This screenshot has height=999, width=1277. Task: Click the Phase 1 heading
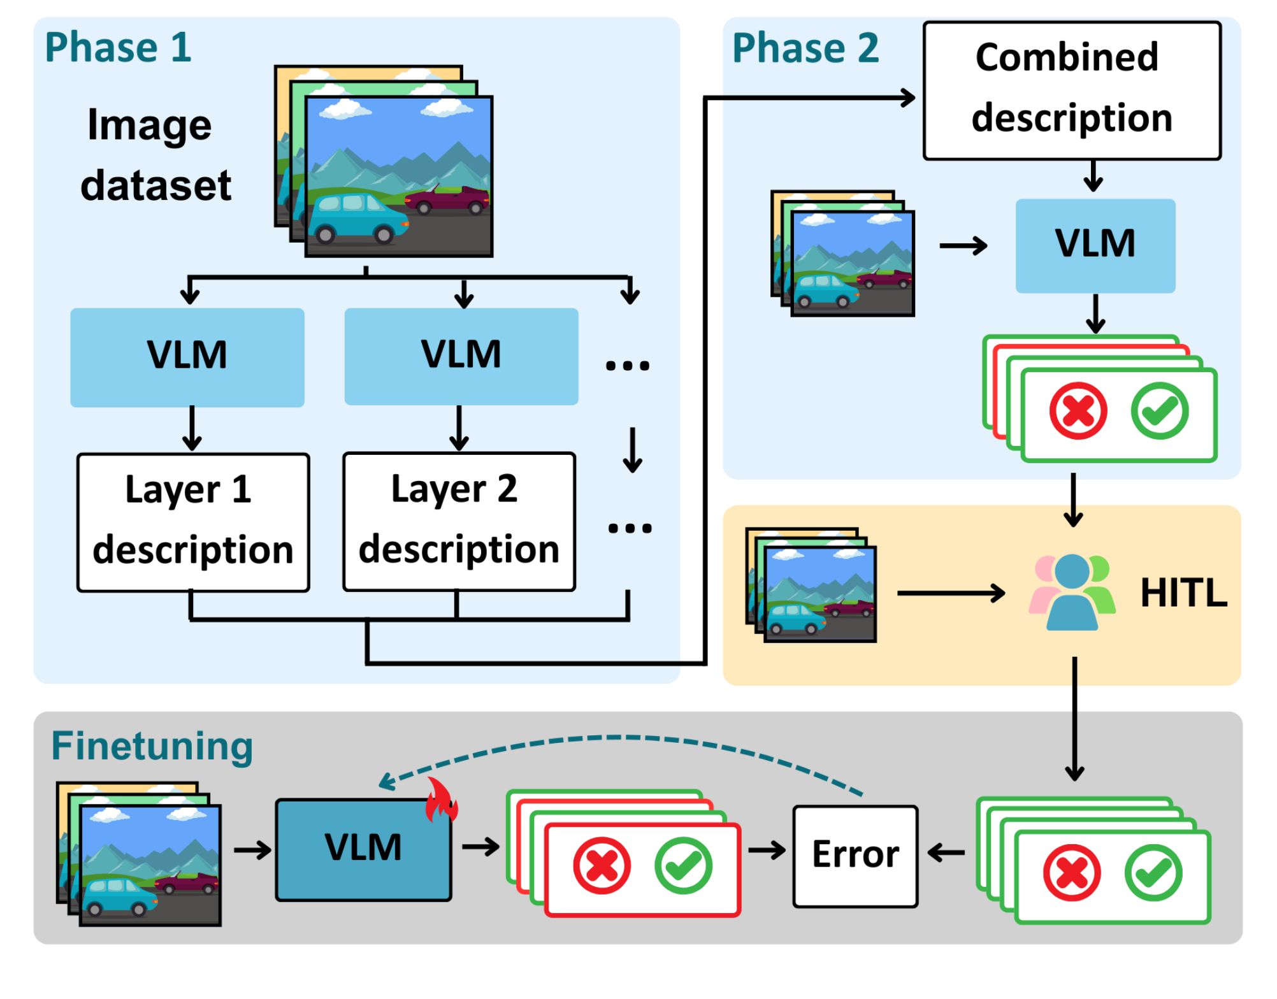pos(118,47)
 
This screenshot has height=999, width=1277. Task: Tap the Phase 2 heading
pos(805,48)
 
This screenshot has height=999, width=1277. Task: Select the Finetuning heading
pos(152,746)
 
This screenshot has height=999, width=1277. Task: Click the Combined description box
pos(1072,90)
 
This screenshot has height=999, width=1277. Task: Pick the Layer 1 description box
pos(193,522)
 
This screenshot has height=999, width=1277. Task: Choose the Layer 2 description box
pos(459,522)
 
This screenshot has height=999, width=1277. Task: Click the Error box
pos(855,856)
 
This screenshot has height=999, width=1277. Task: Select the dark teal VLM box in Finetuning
pos(363,849)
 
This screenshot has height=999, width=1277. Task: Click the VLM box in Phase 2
pos(1095,245)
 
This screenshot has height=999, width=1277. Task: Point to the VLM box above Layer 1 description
pos(187,357)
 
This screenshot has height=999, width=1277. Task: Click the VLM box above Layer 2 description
pos(461,356)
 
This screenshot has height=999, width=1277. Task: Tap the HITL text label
pos(1183,593)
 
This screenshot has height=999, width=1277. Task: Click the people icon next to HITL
pos(1072,593)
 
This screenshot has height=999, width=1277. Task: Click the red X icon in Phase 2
pos(1078,411)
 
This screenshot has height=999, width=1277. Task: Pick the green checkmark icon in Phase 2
pos(1160,411)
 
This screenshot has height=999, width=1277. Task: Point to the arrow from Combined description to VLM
pos(1093,176)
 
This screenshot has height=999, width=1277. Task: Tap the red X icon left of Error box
pos(602,866)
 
